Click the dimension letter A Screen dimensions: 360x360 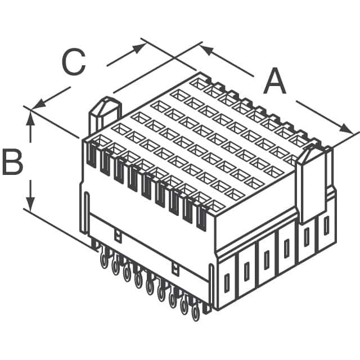274,82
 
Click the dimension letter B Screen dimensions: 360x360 12,162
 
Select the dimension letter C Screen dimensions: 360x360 74,62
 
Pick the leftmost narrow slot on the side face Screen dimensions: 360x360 227,282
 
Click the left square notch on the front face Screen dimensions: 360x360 117,235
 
